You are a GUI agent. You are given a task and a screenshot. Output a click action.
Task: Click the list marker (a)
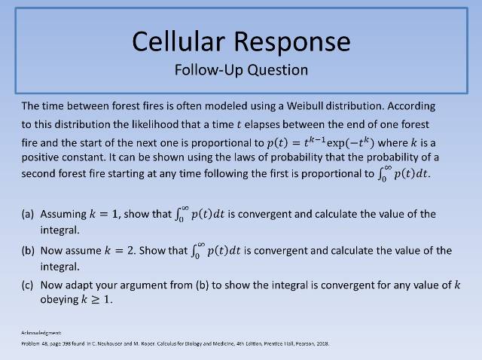[28, 214]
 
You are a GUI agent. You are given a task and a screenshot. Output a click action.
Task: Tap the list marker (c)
[28, 285]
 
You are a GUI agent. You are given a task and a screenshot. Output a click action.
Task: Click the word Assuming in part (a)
[63, 214]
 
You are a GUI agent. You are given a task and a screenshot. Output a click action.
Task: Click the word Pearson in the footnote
[300, 344]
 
